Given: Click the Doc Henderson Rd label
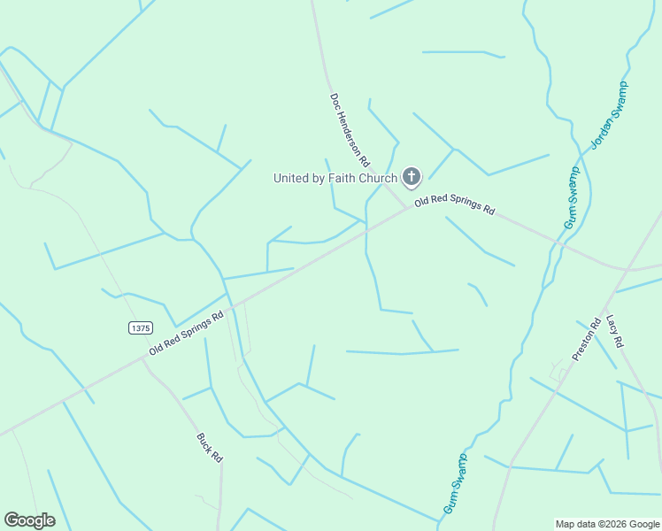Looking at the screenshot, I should point(350,130).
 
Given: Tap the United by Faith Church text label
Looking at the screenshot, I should point(335,178).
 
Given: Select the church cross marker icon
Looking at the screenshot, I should point(412,178).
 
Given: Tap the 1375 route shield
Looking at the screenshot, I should point(140,327).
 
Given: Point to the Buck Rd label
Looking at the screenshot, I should point(210,447).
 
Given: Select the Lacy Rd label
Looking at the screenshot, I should point(617,331).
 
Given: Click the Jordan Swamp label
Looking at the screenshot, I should point(609,115).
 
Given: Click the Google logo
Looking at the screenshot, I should point(29,520).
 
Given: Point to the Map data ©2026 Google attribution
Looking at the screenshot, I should point(607,524).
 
